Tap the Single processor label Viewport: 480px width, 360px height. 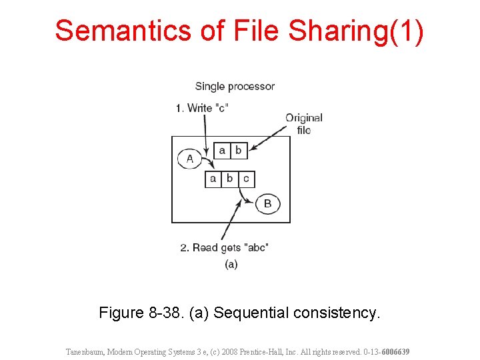(x=235, y=86)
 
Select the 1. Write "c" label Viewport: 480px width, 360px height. (x=202, y=107)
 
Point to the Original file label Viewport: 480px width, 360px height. (x=304, y=123)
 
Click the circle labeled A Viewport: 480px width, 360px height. (x=190, y=159)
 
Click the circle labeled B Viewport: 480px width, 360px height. (x=267, y=203)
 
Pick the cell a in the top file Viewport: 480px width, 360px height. (x=222, y=151)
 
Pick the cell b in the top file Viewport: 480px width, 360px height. (x=238, y=151)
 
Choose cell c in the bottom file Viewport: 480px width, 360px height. (x=246, y=179)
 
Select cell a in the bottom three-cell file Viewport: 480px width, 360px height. (x=213, y=179)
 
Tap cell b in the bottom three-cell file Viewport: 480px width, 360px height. (x=229, y=179)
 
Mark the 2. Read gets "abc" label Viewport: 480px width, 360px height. (x=224, y=247)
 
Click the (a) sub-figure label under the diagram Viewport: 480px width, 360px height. (x=231, y=264)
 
